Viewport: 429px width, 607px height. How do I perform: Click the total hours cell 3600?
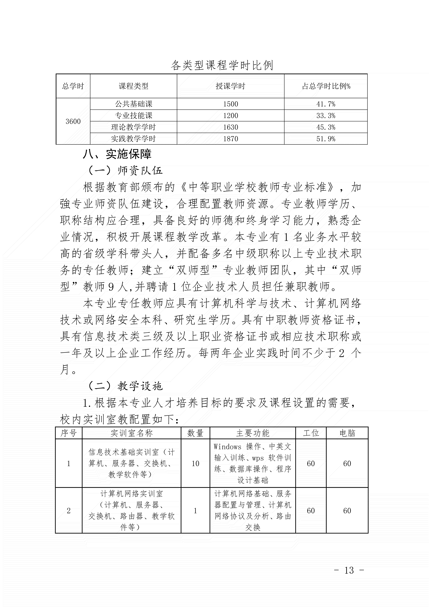[73, 121]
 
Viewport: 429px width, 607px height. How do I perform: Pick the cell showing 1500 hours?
[231, 104]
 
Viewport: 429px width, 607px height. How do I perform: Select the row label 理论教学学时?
[133, 127]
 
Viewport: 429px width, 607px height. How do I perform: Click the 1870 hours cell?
[231, 139]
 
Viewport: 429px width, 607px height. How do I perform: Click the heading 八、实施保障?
[117, 154]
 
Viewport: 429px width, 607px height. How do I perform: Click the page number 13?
[349, 570]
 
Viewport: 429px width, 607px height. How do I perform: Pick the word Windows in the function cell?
[227, 447]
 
